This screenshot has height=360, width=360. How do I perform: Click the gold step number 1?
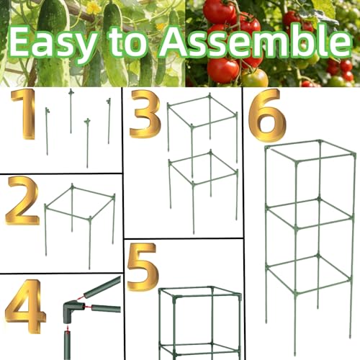click(24, 114)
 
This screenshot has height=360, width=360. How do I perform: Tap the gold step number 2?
click(22, 200)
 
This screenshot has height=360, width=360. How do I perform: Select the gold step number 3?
click(145, 114)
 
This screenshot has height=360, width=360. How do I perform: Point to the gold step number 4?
click(25, 306)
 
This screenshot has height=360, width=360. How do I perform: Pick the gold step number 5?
click(143, 267)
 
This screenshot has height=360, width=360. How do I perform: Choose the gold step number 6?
click(267, 114)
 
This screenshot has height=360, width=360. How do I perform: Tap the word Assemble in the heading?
click(255, 41)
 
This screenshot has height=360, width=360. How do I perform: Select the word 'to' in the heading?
click(127, 42)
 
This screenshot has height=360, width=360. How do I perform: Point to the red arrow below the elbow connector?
click(68, 328)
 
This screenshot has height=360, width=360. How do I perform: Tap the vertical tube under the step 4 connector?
click(68, 345)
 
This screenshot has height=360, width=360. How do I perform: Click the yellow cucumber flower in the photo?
click(94, 7)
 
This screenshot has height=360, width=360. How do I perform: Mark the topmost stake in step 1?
click(71, 111)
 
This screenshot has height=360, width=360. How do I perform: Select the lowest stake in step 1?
click(87, 143)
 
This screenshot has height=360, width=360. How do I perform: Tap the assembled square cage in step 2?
click(79, 214)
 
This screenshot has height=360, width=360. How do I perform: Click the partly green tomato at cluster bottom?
click(255, 78)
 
